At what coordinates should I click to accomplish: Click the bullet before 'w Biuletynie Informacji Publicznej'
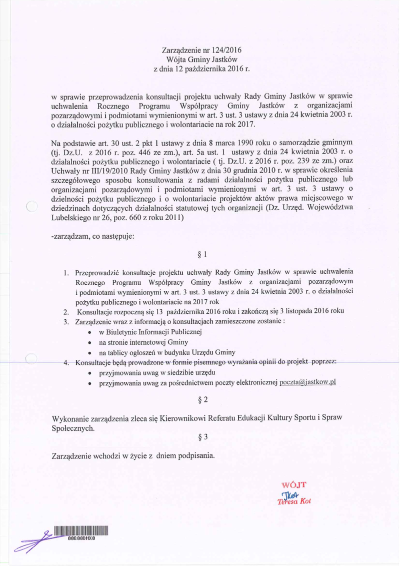pos(89,333)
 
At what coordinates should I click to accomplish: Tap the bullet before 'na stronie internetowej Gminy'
pos(89,343)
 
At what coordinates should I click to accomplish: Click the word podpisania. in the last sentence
pos(193,456)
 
